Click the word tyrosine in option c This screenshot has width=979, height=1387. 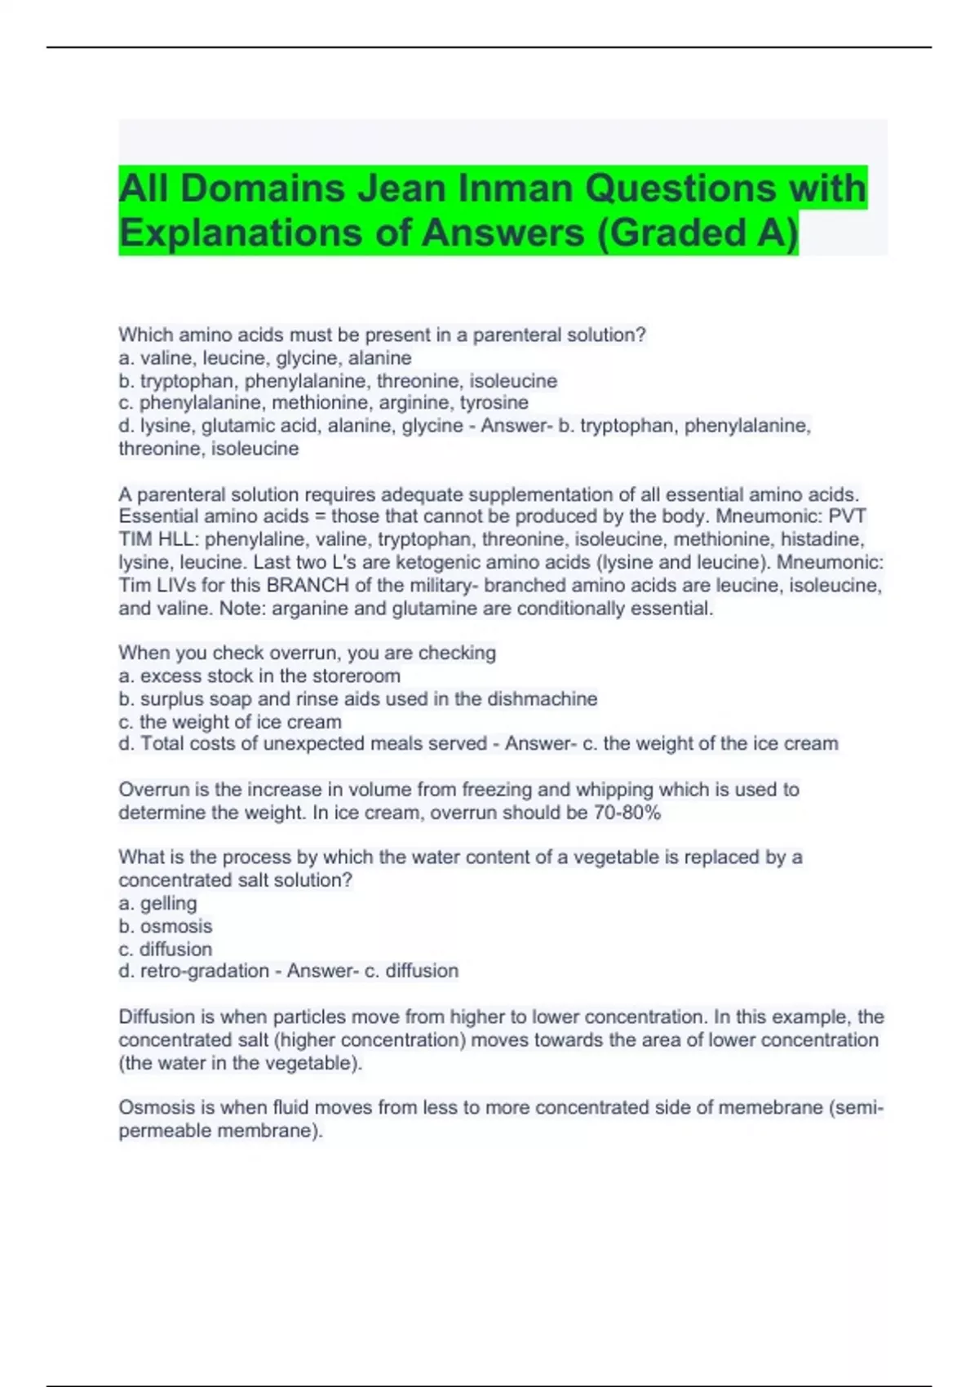pyautogui.click(x=494, y=403)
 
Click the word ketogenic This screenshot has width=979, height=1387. pyautogui.click(x=440, y=563)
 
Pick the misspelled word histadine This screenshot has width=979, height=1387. pyautogui.click(x=822, y=539)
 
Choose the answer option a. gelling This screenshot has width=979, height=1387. pyautogui.click(x=158, y=904)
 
